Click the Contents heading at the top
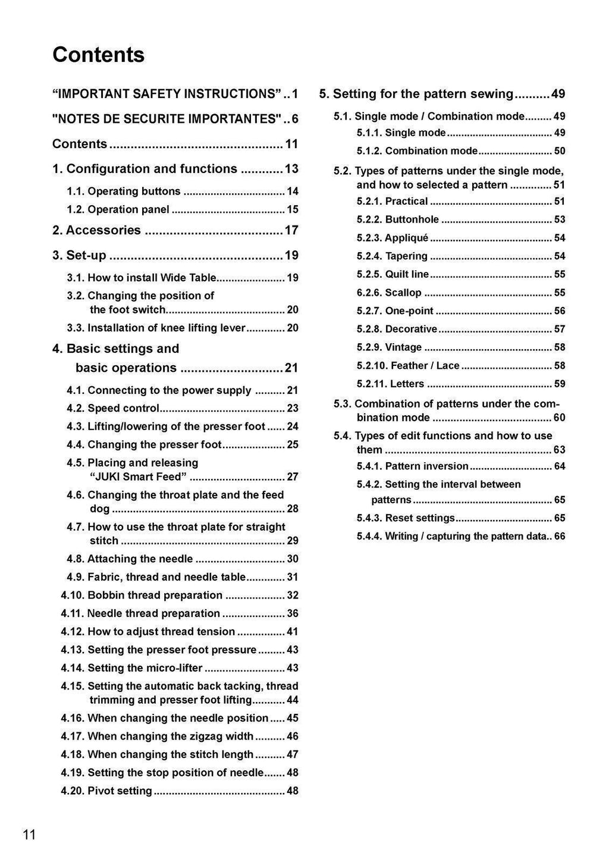click(98, 55)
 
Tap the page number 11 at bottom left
click(29, 835)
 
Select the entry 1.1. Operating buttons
click(124, 192)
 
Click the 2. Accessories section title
click(97, 230)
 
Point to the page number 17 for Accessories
click(291, 230)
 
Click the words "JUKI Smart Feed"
click(138, 477)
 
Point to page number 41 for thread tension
click(292, 632)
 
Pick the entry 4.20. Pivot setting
click(106, 791)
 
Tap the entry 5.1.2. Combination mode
click(417, 151)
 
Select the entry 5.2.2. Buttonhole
click(397, 220)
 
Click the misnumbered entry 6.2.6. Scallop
click(389, 293)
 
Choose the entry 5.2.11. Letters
click(390, 384)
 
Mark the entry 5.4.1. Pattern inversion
click(412, 466)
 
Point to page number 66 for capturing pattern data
click(559, 537)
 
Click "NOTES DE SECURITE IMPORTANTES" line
click(167, 119)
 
